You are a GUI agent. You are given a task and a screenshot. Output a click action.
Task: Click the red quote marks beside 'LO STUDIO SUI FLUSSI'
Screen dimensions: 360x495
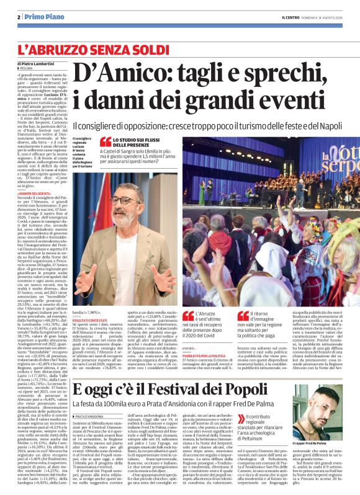106,142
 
